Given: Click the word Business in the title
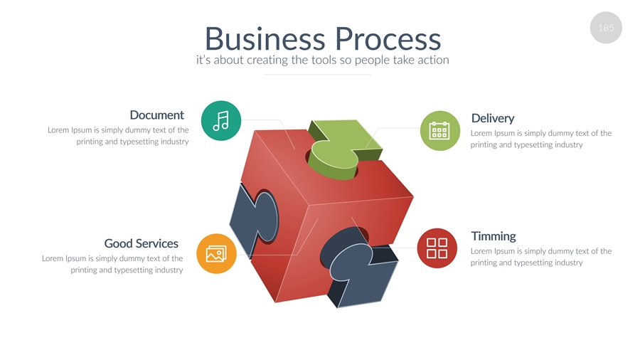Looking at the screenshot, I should tap(265, 38).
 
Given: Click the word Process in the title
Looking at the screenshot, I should tap(388, 38).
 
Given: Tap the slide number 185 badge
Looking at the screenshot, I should tap(606, 28).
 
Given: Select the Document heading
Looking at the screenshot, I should tap(156, 115).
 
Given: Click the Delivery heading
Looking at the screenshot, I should tap(492, 118).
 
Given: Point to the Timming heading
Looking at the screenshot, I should tap(494, 236).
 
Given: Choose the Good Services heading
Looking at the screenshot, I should tap(141, 243).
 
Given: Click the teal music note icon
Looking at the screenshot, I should tap(221, 120).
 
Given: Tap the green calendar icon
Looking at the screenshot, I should tap(439, 131).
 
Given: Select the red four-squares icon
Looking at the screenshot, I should tap(437, 248).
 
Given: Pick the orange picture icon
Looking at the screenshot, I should tap(215, 253).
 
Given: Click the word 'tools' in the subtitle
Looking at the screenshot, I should tap(324, 60).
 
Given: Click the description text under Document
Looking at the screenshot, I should tap(119, 136).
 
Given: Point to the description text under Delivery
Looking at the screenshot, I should tap(540, 139).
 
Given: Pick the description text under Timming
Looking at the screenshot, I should tap(540, 257).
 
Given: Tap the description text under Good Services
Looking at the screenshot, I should tap(113, 264).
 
